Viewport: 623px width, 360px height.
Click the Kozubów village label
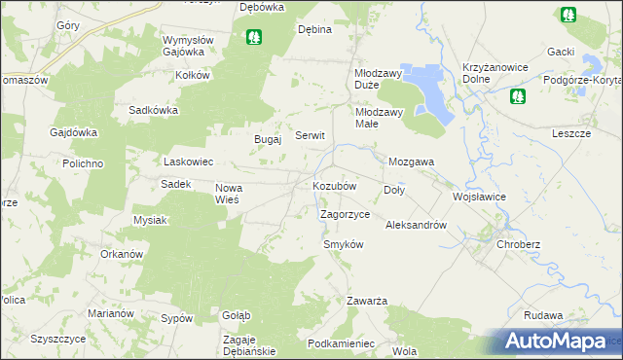[x=334, y=185]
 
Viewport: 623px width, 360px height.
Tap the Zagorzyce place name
[x=345, y=213]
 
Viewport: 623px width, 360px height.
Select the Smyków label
[x=343, y=244]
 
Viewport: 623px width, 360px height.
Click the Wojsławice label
[x=478, y=196]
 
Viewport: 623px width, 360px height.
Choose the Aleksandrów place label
[x=416, y=225]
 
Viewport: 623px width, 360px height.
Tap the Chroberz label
[x=518, y=244]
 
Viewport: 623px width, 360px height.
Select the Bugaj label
[x=268, y=139]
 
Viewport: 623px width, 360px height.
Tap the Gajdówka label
[x=74, y=132]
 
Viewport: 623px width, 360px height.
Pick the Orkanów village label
[x=122, y=254]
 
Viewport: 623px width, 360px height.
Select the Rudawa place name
[x=543, y=315]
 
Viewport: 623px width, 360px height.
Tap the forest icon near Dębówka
[x=254, y=38]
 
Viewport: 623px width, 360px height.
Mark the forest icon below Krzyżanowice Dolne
[x=517, y=95]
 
